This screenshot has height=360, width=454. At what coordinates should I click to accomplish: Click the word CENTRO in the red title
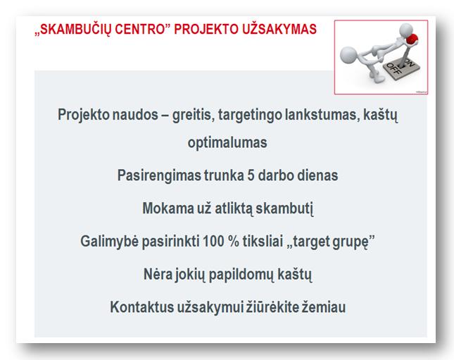(140, 30)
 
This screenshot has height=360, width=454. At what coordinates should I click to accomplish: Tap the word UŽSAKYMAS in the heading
(279, 30)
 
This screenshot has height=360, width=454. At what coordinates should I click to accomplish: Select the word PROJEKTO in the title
(207, 30)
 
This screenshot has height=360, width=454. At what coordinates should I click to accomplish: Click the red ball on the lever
(412, 39)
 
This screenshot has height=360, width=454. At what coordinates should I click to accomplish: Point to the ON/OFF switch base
(402, 68)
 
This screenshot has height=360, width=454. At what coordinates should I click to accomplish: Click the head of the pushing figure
(348, 55)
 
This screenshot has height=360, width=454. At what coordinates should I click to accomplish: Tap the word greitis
(193, 115)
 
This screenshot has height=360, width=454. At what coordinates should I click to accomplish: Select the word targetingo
(250, 115)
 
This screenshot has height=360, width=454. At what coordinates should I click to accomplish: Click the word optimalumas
(227, 143)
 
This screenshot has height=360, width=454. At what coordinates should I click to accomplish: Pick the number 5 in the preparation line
(251, 175)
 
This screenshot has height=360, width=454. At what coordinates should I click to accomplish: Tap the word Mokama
(168, 208)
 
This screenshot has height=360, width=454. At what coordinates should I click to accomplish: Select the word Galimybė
(109, 242)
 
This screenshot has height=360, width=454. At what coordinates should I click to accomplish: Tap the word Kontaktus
(141, 307)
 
